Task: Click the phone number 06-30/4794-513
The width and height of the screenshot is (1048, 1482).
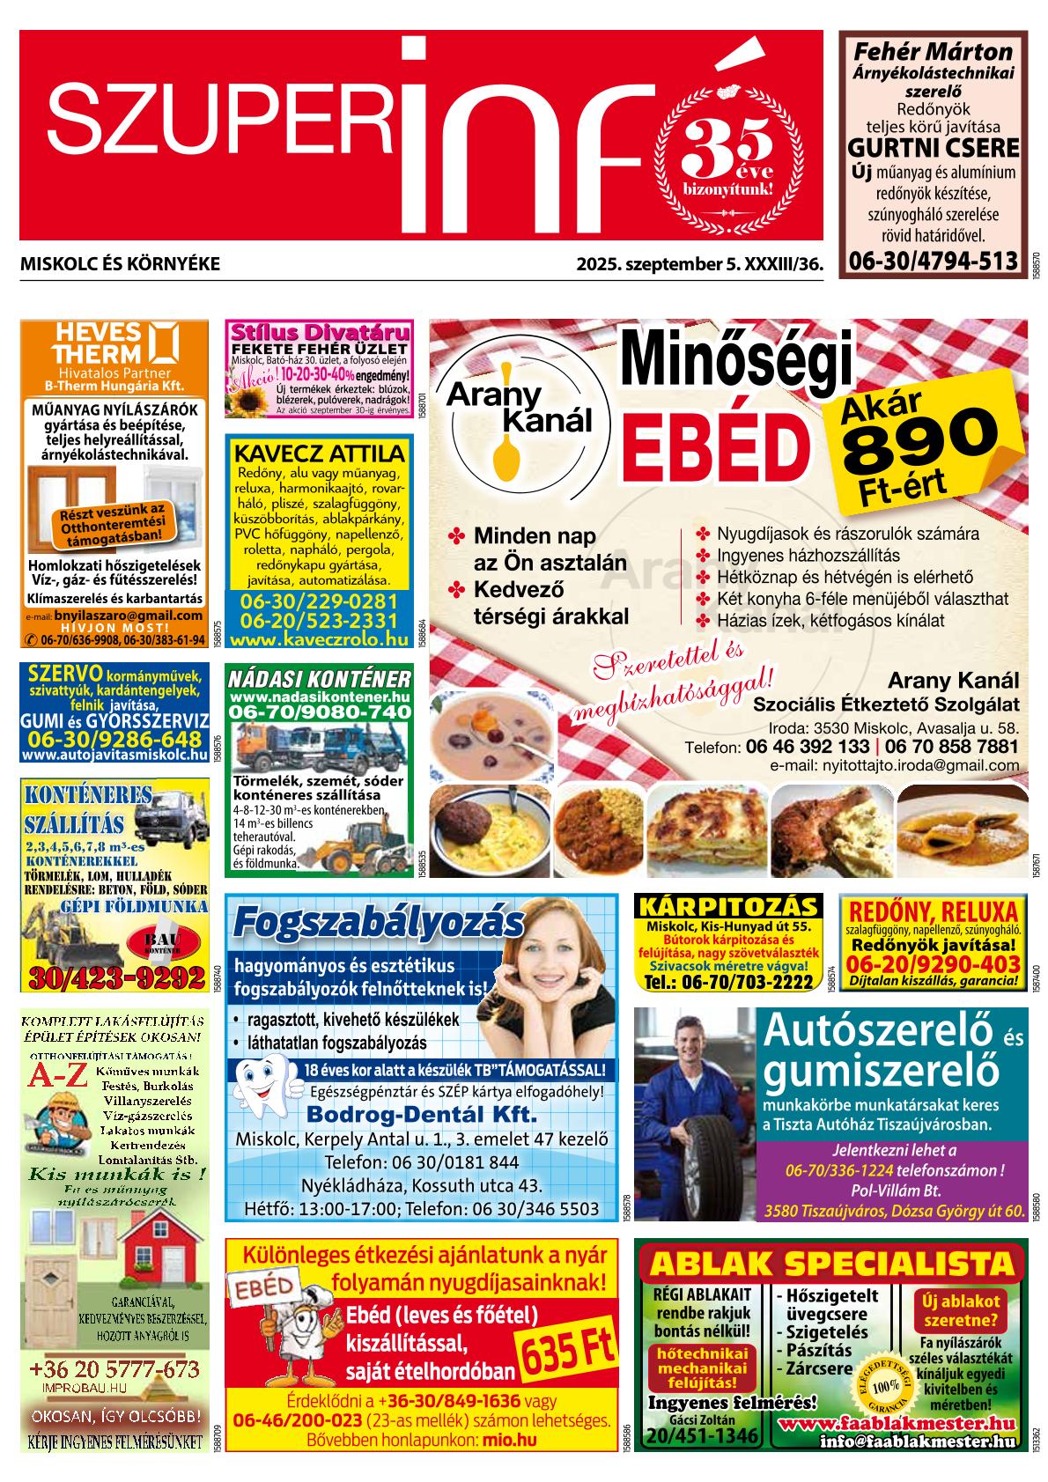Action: click(x=933, y=262)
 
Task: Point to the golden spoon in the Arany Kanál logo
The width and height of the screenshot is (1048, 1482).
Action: click(x=506, y=454)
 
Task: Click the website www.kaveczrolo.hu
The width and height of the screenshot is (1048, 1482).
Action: click(x=318, y=640)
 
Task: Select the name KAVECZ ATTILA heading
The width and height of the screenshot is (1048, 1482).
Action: click(x=319, y=453)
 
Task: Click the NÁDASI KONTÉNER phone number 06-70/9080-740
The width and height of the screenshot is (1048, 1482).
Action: click(x=318, y=711)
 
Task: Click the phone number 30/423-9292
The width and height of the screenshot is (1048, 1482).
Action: click(x=115, y=977)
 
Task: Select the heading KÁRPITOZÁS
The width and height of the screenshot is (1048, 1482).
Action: click(x=728, y=906)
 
